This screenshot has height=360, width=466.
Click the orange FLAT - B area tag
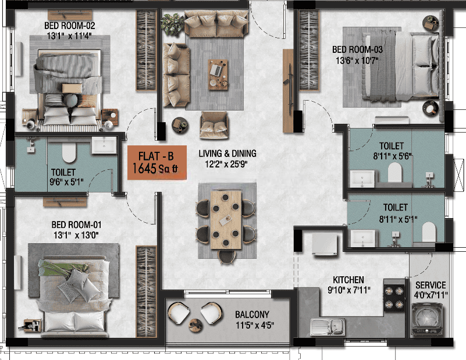[x=157, y=162]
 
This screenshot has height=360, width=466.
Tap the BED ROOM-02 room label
[x=70, y=26]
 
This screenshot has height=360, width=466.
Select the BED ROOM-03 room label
[x=357, y=49]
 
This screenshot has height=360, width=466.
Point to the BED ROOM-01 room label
[x=76, y=224]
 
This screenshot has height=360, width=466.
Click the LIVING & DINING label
[x=227, y=154]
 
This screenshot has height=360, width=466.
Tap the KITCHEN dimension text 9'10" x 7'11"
[x=349, y=290]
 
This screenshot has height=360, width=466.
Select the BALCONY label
[x=252, y=314]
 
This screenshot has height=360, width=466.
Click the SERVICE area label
[x=431, y=285]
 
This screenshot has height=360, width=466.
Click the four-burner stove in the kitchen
[x=394, y=296]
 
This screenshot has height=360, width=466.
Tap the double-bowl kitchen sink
[x=328, y=327]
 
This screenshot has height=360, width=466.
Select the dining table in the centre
[x=226, y=220]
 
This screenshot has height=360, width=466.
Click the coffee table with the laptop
[x=218, y=74]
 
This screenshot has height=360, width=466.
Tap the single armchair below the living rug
[x=214, y=125]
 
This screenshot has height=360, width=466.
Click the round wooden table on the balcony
[x=195, y=325]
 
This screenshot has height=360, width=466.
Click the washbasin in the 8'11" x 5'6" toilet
[x=362, y=179]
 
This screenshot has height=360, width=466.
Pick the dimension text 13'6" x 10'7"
[x=357, y=60]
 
